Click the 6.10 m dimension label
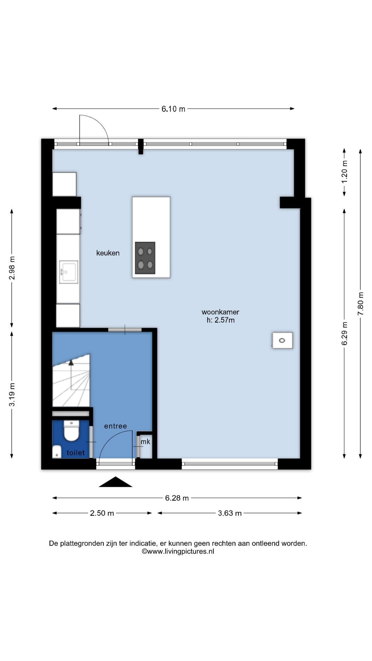(173, 109)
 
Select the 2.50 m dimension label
(102, 513)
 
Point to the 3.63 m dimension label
(230, 513)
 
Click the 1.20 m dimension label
(344, 171)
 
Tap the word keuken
(108, 253)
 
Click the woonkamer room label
(220, 312)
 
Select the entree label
(116, 426)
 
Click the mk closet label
(145, 442)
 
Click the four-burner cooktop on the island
(145, 258)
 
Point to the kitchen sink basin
(69, 272)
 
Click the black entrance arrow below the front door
(115, 482)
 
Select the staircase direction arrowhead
(71, 362)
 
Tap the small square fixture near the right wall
(282, 340)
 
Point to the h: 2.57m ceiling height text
(220, 320)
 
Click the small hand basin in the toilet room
(57, 452)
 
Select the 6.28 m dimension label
(177, 498)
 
